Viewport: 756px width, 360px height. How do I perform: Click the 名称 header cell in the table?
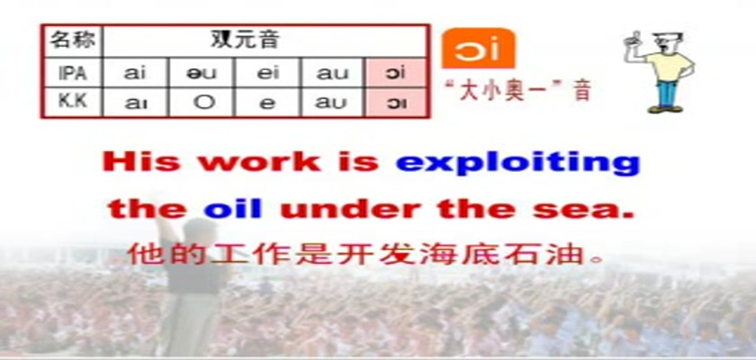point(73,40)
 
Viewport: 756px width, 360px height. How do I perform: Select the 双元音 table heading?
point(245,39)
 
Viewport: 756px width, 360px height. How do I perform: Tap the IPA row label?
point(73,73)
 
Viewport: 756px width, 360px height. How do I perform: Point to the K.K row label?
point(73,102)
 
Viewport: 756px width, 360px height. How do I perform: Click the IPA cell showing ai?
point(135,73)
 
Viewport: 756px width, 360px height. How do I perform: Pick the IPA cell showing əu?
point(202,73)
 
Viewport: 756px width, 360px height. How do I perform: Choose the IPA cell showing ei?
point(267,73)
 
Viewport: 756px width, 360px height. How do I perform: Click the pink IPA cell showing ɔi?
point(396,73)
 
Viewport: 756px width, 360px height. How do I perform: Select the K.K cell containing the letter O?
point(202,103)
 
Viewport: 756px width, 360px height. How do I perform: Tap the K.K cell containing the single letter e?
point(267,103)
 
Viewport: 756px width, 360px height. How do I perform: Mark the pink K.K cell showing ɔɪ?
point(396,103)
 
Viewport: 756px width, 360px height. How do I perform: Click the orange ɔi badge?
point(478,49)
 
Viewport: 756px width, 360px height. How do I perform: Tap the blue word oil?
point(233,209)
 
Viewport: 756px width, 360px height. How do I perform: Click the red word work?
point(260,161)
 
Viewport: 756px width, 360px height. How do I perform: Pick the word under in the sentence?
point(350,209)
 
